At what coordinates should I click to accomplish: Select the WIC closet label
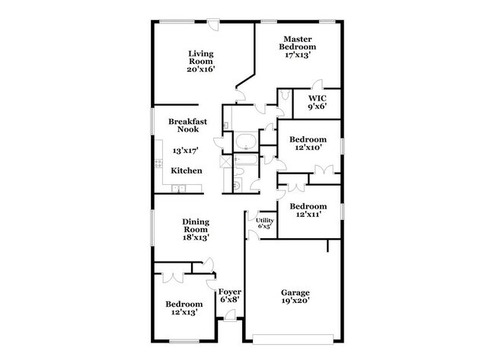[x=318, y=98]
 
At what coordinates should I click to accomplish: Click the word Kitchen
[x=186, y=170]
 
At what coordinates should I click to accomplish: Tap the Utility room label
[x=264, y=220]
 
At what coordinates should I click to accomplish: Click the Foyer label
[x=229, y=292]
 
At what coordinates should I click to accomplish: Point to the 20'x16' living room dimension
[x=201, y=69]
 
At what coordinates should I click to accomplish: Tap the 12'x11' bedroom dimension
[x=308, y=215]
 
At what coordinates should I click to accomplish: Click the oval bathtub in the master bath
[x=245, y=141]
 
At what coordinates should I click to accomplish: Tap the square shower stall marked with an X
[x=226, y=161]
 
